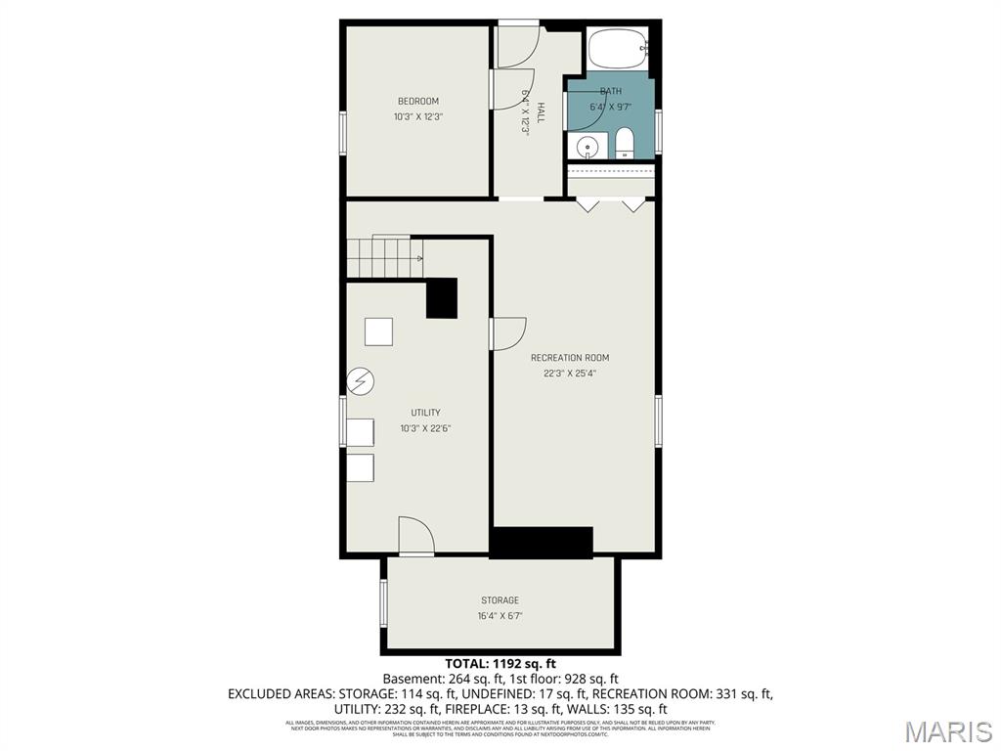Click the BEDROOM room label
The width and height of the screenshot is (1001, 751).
tap(417, 102)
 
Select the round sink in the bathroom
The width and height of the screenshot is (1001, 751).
tap(587, 148)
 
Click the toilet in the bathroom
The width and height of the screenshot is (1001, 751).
tap(624, 145)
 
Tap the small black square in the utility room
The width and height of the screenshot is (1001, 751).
tap(442, 298)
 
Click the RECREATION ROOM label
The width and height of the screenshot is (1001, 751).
tap(570, 358)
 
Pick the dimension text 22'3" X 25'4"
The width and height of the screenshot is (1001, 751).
tap(570, 373)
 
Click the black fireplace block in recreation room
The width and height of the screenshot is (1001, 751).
tap(542, 543)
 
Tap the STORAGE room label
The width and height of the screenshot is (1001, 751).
tap(500, 600)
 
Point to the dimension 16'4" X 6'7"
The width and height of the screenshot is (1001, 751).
tap(500, 616)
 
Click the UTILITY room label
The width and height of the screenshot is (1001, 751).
tap(425, 413)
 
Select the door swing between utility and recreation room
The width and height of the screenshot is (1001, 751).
tap(506, 332)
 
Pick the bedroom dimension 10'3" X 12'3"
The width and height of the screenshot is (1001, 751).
tap(417, 117)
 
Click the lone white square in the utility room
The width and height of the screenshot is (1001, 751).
tap(378, 331)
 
